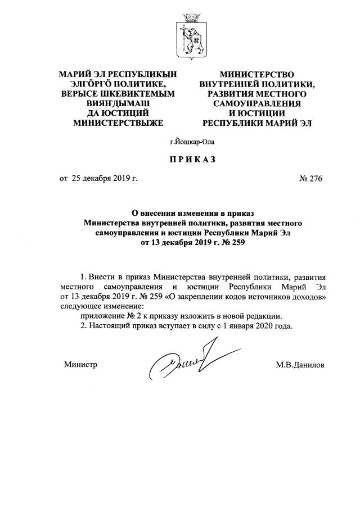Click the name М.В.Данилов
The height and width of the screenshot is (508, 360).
300,365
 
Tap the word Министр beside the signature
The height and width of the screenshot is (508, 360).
81,365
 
